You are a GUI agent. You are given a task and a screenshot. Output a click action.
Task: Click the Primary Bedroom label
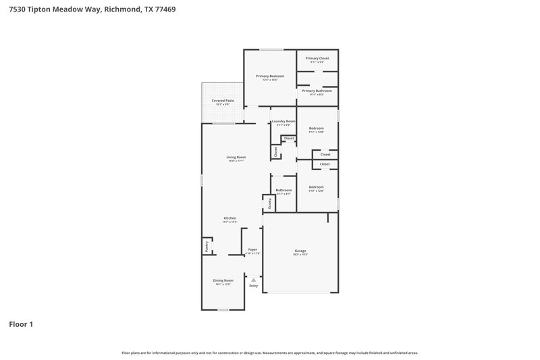pyautogui.click(x=270, y=76)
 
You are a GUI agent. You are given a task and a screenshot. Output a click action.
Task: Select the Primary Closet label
pyautogui.click(x=317, y=59)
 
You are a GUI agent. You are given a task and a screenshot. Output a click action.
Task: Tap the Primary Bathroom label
pyautogui.click(x=317, y=91)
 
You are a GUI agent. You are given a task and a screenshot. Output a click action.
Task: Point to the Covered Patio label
pyautogui.click(x=223, y=101)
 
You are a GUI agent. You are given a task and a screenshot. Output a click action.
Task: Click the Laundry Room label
pyautogui.click(x=283, y=122)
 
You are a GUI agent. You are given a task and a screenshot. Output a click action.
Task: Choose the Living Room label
pyautogui.click(x=236, y=157)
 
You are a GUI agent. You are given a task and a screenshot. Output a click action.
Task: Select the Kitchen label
pyautogui.click(x=230, y=218)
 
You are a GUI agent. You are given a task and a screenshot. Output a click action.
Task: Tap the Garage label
pyautogui.click(x=300, y=251)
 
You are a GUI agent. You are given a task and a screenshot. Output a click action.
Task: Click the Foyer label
pyautogui.click(x=253, y=250)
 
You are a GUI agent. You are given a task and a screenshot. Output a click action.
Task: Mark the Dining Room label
pyautogui.click(x=223, y=280)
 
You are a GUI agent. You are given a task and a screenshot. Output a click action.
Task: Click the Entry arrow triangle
pyautogui.click(x=254, y=279)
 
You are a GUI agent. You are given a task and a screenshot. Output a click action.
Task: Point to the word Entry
pyautogui.click(x=254, y=286)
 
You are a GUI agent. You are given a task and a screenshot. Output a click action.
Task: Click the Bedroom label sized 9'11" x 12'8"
pyautogui.click(x=317, y=128)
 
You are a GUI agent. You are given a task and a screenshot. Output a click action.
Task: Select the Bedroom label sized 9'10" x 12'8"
pyautogui.click(x=317, y=187)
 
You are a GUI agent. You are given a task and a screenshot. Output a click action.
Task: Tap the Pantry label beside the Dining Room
pyautogui.click(x=207, y=247)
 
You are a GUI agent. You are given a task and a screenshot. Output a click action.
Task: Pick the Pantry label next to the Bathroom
pyautogui.click(x=268, y=202)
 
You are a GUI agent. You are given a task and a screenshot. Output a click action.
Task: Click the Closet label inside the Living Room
pyautogui.click(x=275, y=152)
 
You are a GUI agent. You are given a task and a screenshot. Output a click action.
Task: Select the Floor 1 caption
pyautogui.click(x=21, y=324)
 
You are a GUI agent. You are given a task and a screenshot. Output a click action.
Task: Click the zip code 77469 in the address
pyautogui.click(x=166, y=9)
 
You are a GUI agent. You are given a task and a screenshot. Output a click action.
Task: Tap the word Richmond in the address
pyautogui.click(x=121, y=9)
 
